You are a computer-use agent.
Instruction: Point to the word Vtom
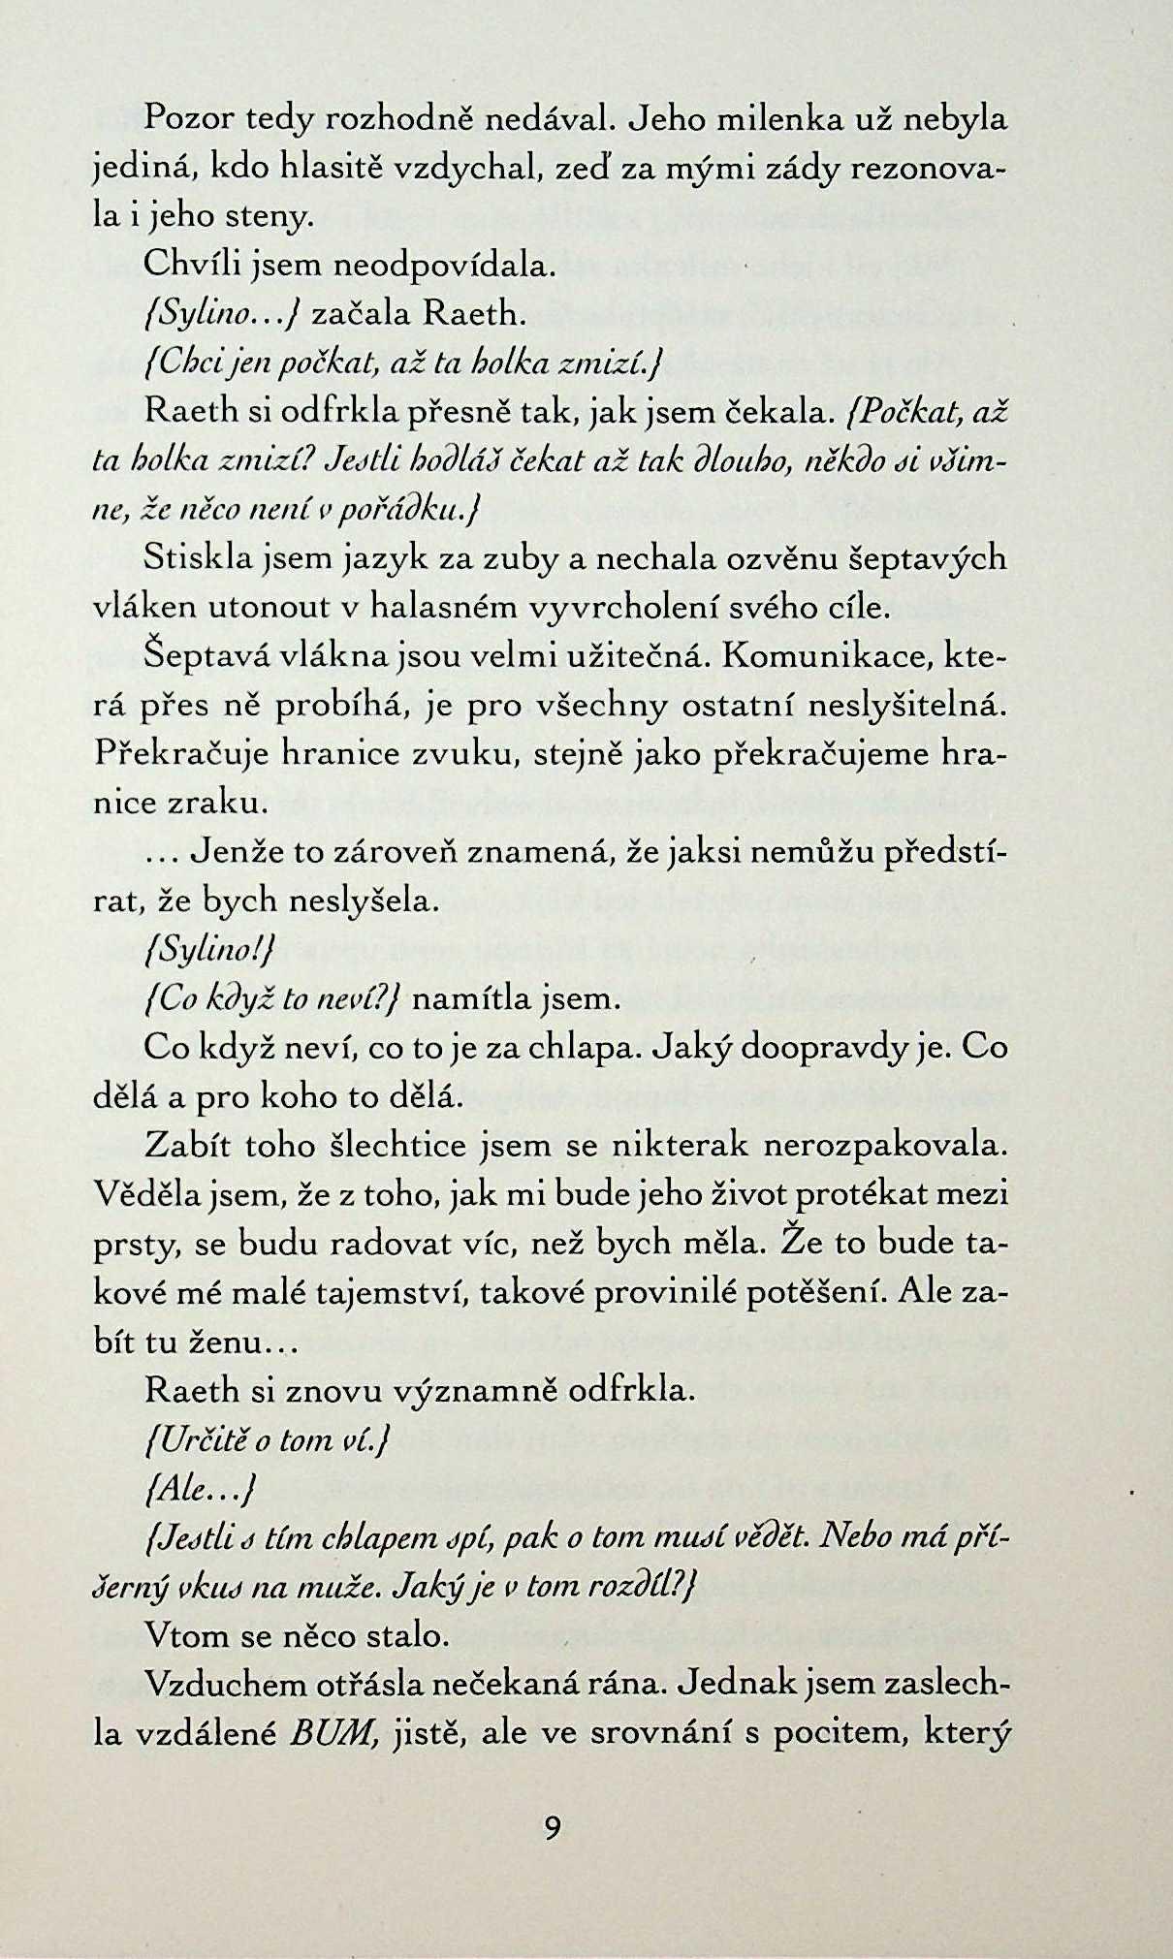[x=182, y=1635]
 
